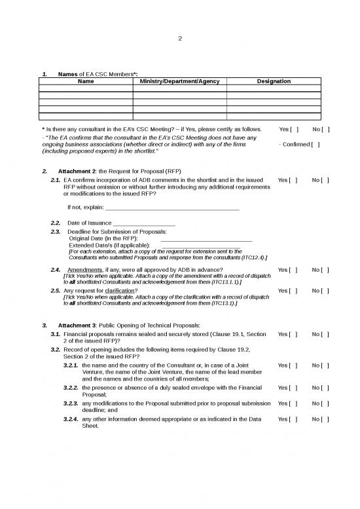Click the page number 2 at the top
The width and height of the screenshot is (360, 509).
coord(180,37)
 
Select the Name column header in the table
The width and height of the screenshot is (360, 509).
coord(86,81)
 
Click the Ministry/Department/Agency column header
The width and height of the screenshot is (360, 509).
coord(179,81)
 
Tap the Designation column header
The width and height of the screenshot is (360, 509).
coord(274,81)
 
